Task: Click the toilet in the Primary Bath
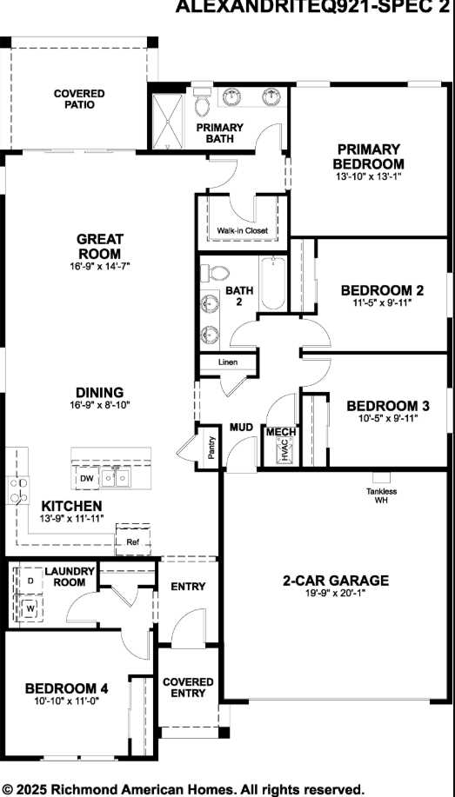click(203, 101)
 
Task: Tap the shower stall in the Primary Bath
click(168, 121)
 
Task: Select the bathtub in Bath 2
click(274, 283)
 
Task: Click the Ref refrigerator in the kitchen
click(133, 539)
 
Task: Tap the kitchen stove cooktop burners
click(18, 490)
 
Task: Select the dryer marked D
click(30, 580)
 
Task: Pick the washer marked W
click(30, 608)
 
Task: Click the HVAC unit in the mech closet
click(285, 450)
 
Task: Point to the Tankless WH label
click(381, 495)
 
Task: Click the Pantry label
click(211, 448)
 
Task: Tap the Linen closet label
click(229, 362)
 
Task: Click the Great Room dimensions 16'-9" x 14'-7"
click(100, 265)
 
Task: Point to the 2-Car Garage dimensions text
click(335, 592)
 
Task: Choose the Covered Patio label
click(79, 99)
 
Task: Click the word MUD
click(241, 427)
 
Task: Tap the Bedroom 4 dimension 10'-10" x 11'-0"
click(67, 701)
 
